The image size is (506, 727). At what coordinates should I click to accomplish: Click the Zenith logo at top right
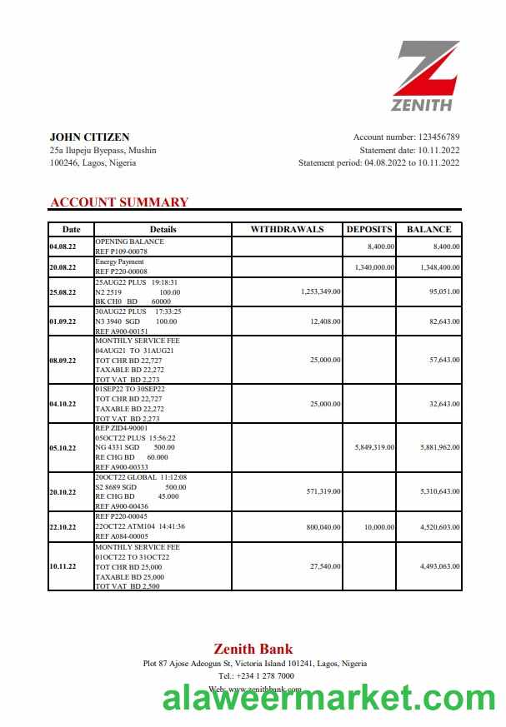[x=425, y=76]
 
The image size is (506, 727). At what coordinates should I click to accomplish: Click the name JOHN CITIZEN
[x=89, y=137]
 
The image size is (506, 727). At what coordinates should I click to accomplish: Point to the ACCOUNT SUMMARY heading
[x=119, y=202]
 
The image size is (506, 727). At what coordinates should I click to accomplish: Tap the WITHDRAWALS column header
[x=287, y=229]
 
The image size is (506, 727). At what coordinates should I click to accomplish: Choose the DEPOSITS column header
[x=369, y=229]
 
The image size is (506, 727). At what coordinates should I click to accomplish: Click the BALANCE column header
[x=429, y=229]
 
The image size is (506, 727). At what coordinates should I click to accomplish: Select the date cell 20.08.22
[x=63, y=267]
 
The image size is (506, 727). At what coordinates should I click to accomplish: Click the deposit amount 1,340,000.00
[x=374, y=267]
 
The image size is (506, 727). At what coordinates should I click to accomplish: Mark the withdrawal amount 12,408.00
[x=323, y=321]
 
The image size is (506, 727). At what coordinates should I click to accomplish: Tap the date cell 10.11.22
[x=63, y=566]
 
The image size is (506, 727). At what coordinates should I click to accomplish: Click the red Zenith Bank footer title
[x=253, y=649]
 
